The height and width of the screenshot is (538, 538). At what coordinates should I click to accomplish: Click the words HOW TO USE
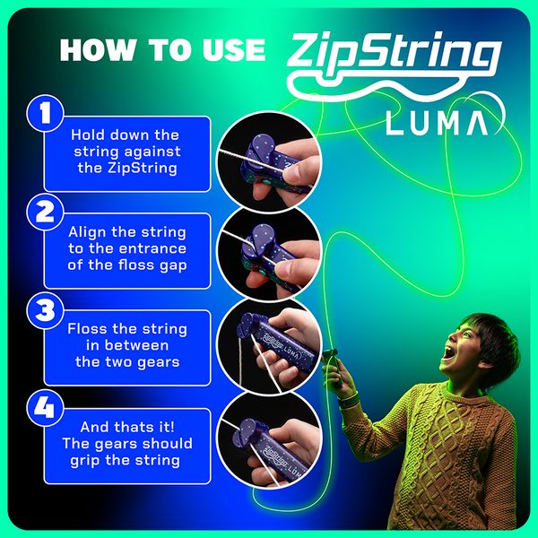162,50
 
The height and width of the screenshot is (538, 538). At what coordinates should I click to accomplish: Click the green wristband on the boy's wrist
351,394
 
